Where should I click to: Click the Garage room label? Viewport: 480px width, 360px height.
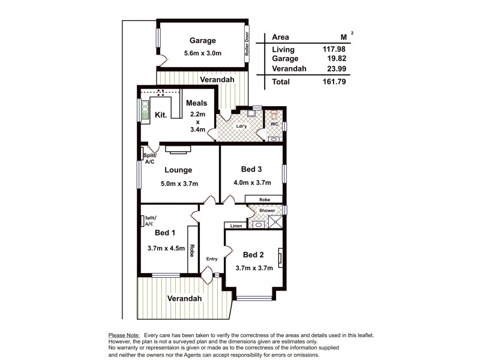point(202,41)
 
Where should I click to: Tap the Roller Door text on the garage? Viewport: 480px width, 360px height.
point(246,44)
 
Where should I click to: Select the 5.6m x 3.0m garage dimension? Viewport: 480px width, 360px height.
point(202,53)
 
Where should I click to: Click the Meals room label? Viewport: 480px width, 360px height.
point(196,103)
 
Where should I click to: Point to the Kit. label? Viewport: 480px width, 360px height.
point(161,114)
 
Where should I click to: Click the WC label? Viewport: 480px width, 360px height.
point(275,124)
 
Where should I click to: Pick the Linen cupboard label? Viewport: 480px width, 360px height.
point(235,226)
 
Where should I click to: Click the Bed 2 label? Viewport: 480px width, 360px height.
point(254,254)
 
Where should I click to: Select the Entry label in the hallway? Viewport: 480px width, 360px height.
point(212,259)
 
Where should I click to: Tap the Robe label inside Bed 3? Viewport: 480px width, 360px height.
point(263,199)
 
